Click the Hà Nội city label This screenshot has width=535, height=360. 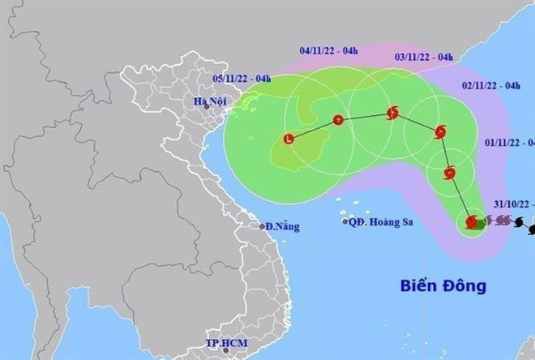[x=208, y=102]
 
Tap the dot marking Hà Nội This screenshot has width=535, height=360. [x=207, y=107]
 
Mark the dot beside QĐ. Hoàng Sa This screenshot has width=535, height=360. [x=345, y=221]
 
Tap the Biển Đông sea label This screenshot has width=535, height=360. [x=443, y=285]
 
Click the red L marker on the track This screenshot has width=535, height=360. [x=289, y=139]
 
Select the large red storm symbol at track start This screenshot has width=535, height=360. [x=471, y=221]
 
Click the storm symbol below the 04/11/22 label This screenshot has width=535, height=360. [x=339, y=121]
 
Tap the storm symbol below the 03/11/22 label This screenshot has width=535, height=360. [x=393, y=113]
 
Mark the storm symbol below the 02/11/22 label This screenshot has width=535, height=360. [x=439, y=131]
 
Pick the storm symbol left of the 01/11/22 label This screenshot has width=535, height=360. [x=451, y=172]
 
